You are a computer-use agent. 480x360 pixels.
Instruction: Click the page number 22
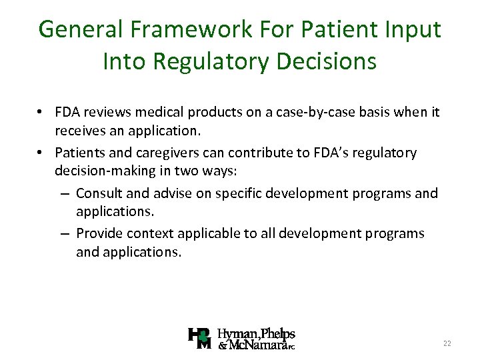click(x=447, y=343)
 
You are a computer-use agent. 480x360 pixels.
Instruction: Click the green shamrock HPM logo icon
click(x=200, y=339)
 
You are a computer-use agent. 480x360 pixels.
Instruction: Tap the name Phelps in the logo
click(x=278, y=333)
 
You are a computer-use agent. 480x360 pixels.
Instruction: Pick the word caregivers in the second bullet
click(x=167, y=153)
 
